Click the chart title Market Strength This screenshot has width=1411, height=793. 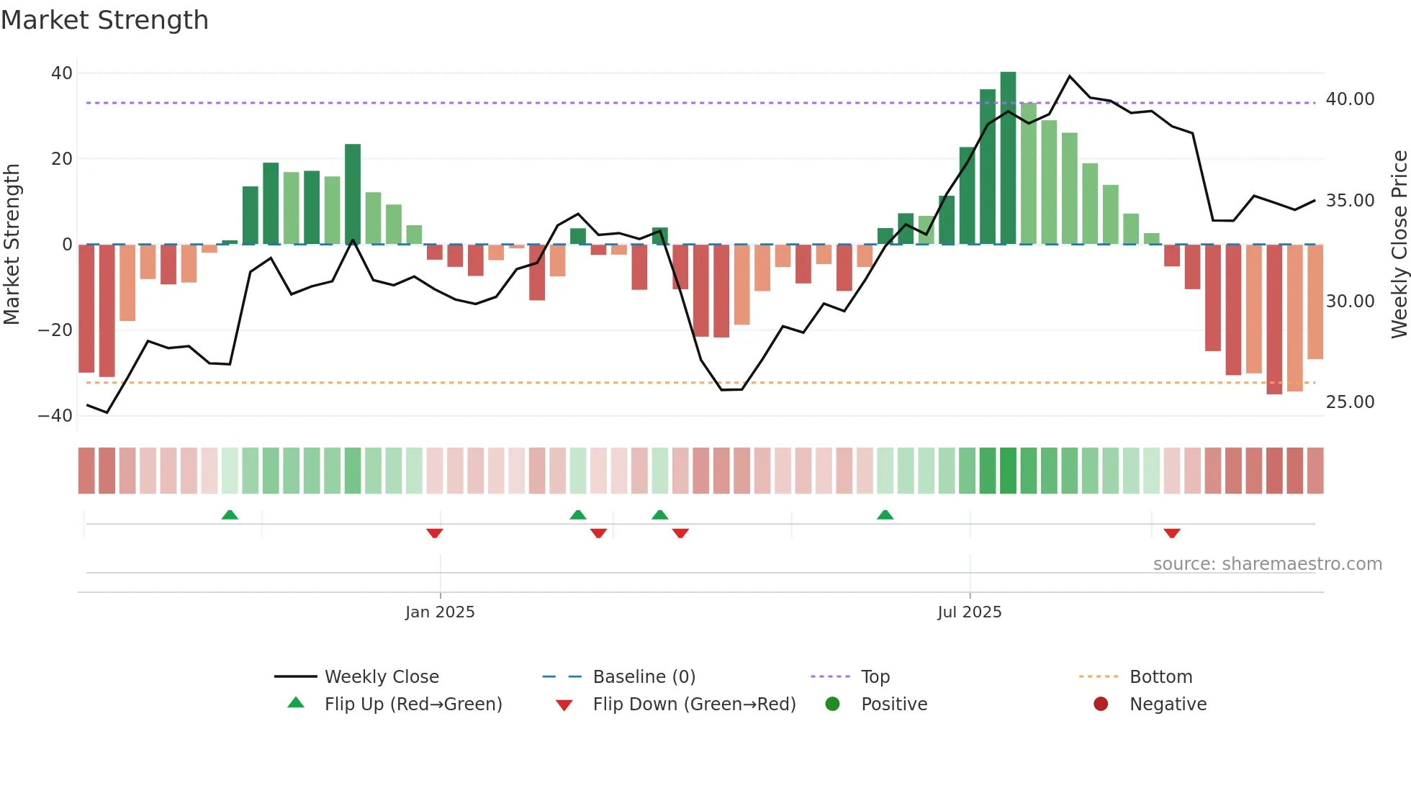tap(104, 20)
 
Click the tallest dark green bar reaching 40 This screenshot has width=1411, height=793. tap(1008, 158)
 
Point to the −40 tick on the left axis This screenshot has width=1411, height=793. tap(55, 416)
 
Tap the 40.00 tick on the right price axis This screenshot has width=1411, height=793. tap(1350, 99)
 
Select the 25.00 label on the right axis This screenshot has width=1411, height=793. tap(1350, 402)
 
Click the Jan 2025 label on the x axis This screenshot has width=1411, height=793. tap(440, 612)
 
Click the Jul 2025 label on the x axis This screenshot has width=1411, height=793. tap(969, 612)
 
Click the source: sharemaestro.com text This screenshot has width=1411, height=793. tap(1267, 564)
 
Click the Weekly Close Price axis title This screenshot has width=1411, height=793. tap(1399, 245)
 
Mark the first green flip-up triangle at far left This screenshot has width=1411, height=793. tap(230, 515)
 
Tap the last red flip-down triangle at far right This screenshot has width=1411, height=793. tap(1172, 533)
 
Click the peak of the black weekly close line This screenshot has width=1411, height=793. tap(1070, 76)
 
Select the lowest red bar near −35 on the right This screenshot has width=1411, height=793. tap(1274, 320)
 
